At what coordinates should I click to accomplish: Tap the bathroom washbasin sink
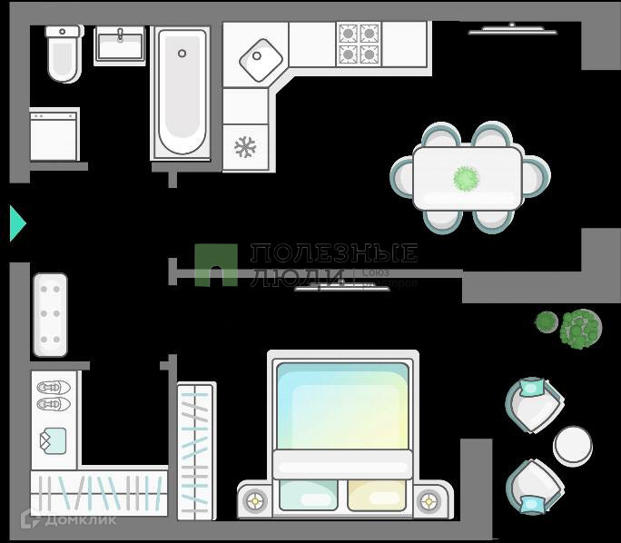pyautogui.click(x=120, y=44)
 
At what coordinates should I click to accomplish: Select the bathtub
pyautogui.click(x=182, y=91)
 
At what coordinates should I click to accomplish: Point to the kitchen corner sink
pyautogui.click(x=261, y=58)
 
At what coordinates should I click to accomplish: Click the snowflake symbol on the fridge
pyautogui.click(x=245, y=147)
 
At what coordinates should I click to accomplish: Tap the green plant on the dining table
pyautogui.click(x=467, y=178)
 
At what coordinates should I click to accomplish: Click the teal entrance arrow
pyautogui.click(x=17, y=223)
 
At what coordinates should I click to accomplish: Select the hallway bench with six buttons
pyautogui.click(x=51, y=314)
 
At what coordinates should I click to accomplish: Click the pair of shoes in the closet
pyautogui.click(x=54, y=394)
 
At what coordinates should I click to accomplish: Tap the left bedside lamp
pyautogui.click(x=255, y=499)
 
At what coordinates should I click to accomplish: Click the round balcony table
pyautogui.click(x=573, y=444)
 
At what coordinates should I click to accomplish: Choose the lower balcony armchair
pyautogui.click(x=533, y=487)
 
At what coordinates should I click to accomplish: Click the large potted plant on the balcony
pyautogui.click(x=580, y=328)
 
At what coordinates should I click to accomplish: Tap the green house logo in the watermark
pyautogui.click(x=216, y=265)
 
